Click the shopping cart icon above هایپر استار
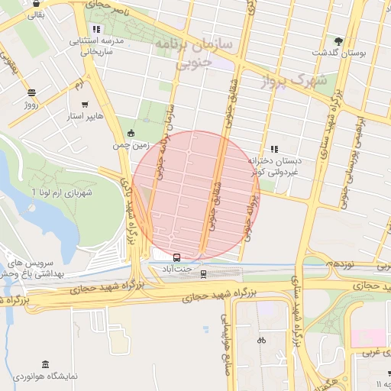click(83, 105)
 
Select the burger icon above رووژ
click(31, 92)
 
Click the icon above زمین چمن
click(131, 132)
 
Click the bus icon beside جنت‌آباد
click(177, 257)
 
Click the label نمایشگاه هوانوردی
click(46, 376)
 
